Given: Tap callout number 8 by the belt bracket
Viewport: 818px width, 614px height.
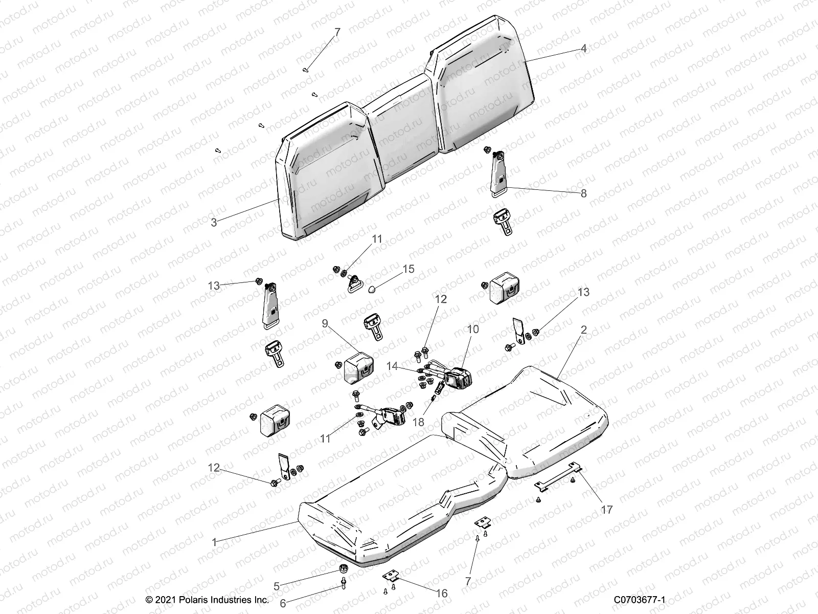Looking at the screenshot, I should coord(583,193).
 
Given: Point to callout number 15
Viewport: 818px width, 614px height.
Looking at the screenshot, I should coord(408,269).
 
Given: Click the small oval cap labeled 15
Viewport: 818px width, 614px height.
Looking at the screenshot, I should coord(372,289).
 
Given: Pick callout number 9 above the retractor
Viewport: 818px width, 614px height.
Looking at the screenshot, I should coord(325,323).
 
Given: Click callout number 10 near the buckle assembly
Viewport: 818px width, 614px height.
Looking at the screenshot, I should coord(473,329).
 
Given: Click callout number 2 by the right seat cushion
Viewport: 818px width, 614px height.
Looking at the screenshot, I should coord(583,331).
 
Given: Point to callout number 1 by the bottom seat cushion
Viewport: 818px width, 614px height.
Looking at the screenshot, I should coord(215,541).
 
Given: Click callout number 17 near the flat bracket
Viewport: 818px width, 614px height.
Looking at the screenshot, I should coord(606,510).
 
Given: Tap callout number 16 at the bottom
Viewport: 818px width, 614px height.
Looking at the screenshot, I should coord(441,593).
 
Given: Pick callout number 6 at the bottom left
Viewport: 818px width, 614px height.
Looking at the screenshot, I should coord(283,603).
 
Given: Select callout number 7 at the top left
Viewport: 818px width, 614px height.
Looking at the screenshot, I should coord(337,32).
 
